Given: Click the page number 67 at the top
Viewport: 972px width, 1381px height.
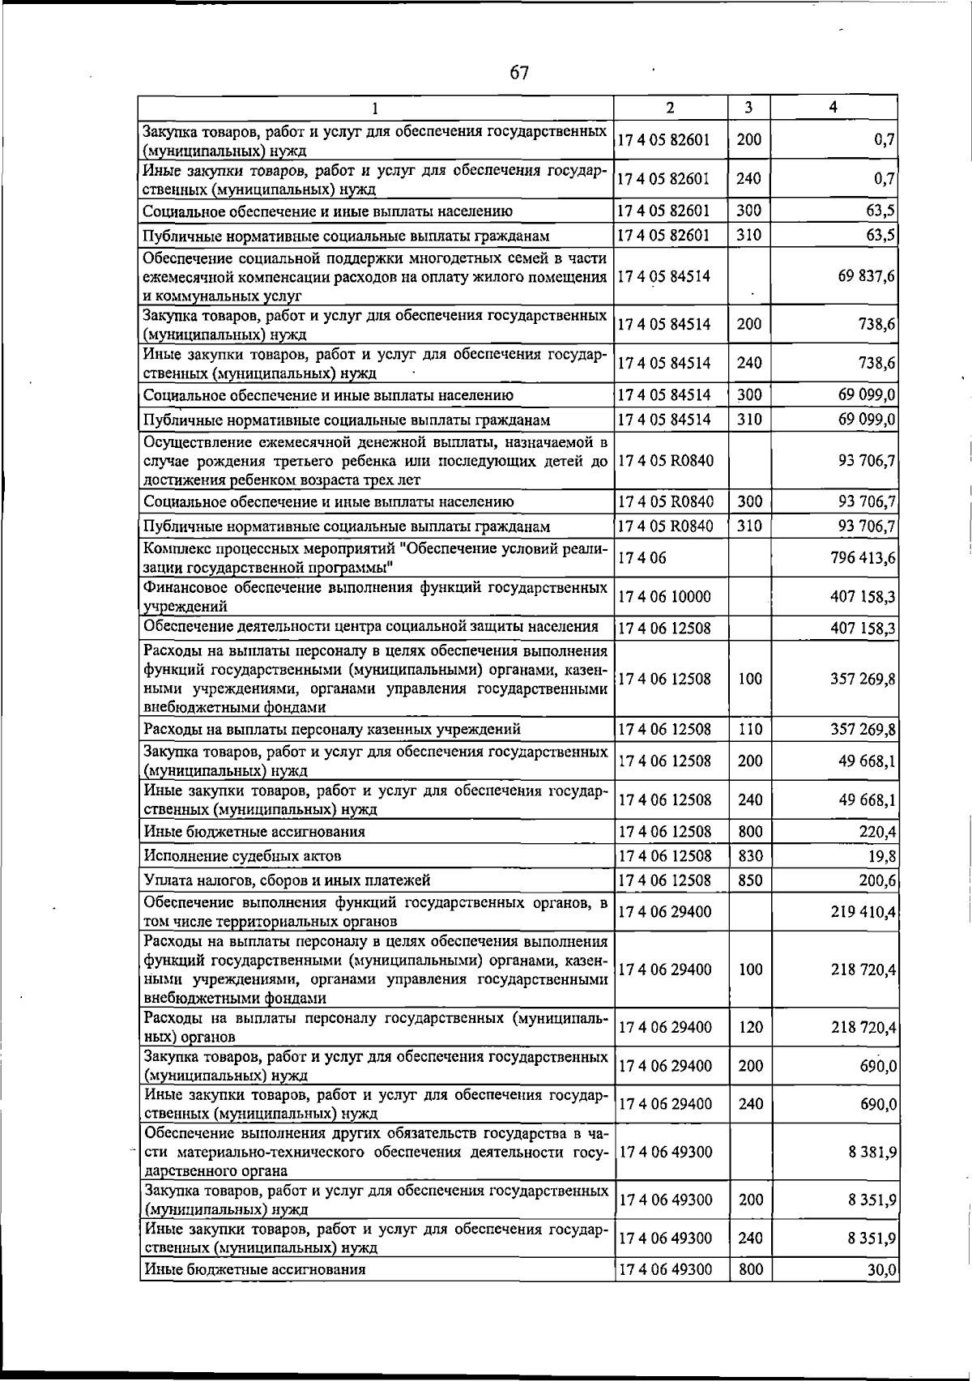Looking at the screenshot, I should pyautogui.click(x=519, y=73).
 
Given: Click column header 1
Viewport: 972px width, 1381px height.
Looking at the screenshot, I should pyautogui.click(x=374, y=108).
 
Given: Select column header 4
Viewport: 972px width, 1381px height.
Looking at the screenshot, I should pyautogui.click(x=833, y=107).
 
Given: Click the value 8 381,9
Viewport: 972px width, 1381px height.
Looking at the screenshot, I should pyautogui.click(x=872, y=1152).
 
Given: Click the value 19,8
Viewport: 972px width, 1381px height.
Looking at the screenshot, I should pyautogui.click(x=881, y=856).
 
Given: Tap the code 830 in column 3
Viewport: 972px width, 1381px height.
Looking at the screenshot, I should pyautogui.click(x=750, y=855).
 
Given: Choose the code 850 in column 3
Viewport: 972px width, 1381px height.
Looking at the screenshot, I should pyautogui.click(x=750, y=880).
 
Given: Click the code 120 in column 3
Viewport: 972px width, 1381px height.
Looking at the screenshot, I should pyautogui.click(x=750, y=1027).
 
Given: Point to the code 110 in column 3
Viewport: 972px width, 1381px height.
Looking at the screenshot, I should pyautogui.click(x=750, y=729).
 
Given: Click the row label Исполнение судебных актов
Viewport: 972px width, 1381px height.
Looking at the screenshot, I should pyautogui.click(x=242, y=856).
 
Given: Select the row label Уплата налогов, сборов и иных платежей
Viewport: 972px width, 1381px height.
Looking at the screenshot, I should pyautogui.click(x=287, y=880).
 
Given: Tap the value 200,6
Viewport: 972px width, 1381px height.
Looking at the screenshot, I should pyautogui.click(x=877, y=880).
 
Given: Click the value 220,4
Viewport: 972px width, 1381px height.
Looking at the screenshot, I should pyautogui.click(x=877, y=832).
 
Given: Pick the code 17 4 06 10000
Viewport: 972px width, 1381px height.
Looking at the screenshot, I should pyautogui.click(x=664, y=597).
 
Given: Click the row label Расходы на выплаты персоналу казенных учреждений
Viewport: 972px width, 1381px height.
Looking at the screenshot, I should pyautogui.click(x=332, y=730).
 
